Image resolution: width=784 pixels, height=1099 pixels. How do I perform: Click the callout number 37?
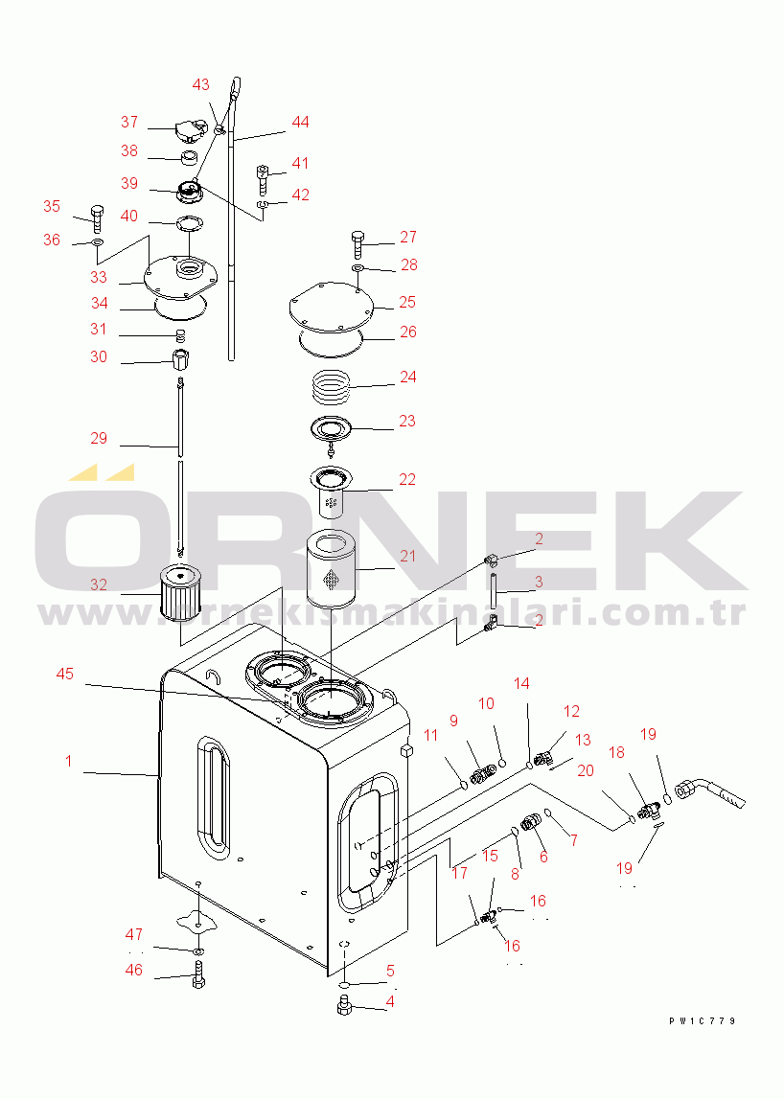coord(129,122)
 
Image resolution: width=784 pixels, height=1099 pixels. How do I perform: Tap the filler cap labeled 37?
coord(190,130)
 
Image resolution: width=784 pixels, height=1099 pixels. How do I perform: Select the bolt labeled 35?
coord(97,218)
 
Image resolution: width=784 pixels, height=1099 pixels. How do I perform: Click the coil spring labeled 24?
coord(331,387)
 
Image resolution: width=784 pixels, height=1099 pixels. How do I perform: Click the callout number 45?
coord(64,674)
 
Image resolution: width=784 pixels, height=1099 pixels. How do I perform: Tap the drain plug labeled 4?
coord(344,1004)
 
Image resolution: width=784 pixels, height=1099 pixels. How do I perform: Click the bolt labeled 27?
coord(358,244)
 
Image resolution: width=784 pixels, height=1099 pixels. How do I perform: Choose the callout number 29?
coord(99,438)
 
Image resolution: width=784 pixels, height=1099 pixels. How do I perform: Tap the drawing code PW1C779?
coord(702,1021)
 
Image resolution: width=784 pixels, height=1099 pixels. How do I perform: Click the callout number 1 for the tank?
coord(69,761)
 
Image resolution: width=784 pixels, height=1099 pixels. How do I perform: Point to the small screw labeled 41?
coord(263,180)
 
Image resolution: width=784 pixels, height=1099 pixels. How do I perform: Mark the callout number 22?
coord(407,479)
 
